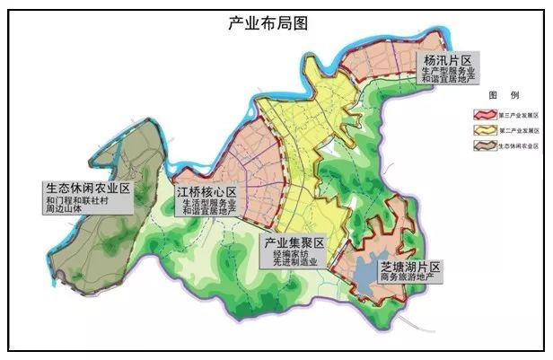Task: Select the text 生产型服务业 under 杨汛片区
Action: pyautogui.click(x=447, y=72)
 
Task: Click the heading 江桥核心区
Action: pyautogui.click(x=206, y=192)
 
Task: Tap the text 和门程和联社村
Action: pyautogui.click(x=88, y=201)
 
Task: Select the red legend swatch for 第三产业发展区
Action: pyautogui.click(x=485, y=116)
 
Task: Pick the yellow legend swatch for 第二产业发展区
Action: pyautogui.click(x=485, y=130)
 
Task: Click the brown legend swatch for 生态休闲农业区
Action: pyautogui.click(x=485, y=145)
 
